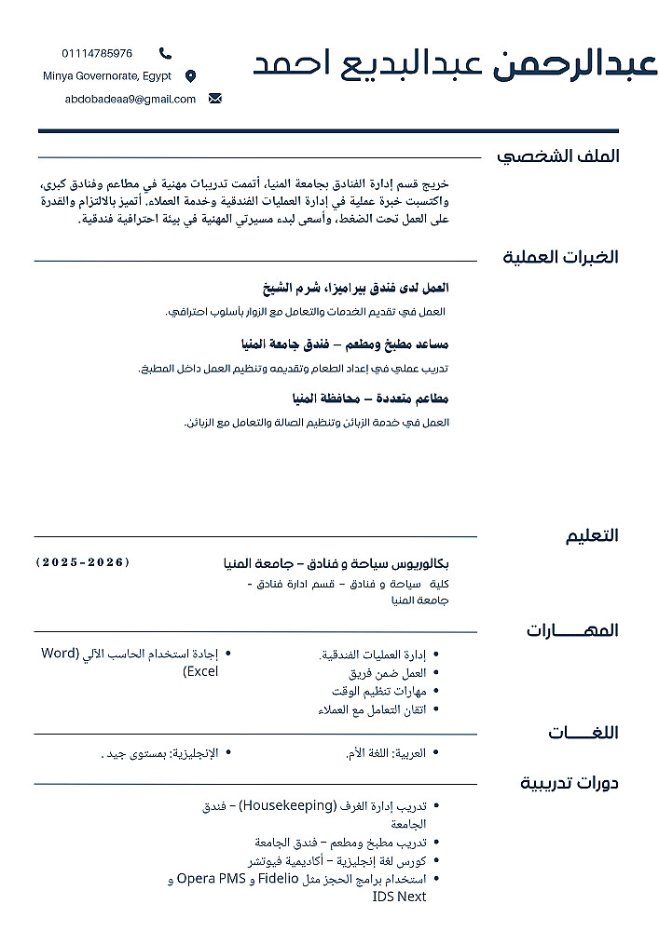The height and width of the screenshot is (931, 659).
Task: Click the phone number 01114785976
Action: point(97,53)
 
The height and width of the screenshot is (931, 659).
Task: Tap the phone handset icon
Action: point(165,53)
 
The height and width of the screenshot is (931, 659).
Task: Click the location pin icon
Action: point(191,76)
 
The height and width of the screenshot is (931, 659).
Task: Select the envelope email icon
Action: point(215,99)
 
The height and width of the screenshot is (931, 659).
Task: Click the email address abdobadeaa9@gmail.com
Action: point(130,99)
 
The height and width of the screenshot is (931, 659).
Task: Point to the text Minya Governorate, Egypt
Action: point(107,76)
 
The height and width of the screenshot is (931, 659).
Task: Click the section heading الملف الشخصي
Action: point(557,155)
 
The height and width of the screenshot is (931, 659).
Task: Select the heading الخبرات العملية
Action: point(560,257)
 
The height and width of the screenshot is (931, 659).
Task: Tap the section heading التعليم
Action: point(592,535)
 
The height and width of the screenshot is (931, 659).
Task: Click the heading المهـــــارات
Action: point(571,630)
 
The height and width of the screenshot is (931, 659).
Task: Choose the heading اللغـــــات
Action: point(583,733)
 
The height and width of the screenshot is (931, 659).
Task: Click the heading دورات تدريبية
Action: point(569,782)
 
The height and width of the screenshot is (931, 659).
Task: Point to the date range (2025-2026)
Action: point(83,562)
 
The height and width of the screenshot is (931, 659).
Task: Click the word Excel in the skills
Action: point(200,671)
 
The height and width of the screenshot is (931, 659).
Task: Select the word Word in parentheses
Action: point(60,653)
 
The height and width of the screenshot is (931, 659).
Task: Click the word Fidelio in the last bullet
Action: point(279,878)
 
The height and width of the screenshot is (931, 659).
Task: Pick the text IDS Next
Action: point(399,897)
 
